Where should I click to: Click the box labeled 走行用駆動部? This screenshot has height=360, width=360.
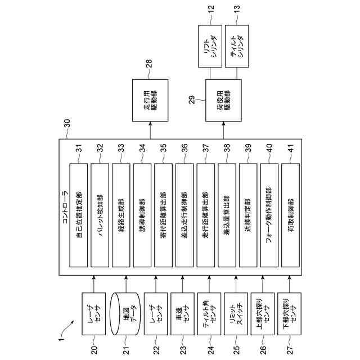pyautogui.click(x=150, y=100)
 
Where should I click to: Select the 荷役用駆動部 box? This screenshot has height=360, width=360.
pyautogui.click(x=223, y=100)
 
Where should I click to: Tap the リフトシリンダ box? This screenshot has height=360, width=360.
pyautogui.click(x=210, y=46)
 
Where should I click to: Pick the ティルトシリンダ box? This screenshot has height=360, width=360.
pyautogui.click(x=237, y=46)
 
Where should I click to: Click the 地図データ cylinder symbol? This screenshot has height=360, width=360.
pyautogui.click(x=125, y=314)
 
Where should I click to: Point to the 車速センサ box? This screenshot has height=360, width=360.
pyautogui.click(x=182, y=314)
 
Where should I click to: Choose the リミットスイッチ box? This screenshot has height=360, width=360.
pyautogui.click(x=236, y=314)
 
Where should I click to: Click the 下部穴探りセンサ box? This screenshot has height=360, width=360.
pyautogui.click(x=289, y=314)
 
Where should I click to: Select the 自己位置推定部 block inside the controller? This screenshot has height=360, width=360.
pyautogui.click(x=79, y=215)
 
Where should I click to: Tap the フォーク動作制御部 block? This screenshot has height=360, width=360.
pyautogui.click(x=269, y=215)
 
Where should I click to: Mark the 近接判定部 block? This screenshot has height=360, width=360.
pyautogui.click(x=248, y=215)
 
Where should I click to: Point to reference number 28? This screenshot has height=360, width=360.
pyautogui.click(x=149, y=64)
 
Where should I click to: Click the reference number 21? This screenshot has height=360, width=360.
pyautogui.click(x=126, y=350)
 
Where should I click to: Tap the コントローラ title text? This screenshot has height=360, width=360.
pyautogui.click(x=65, y=207)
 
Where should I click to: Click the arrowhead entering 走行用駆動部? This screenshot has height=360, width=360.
pyautogui.click(x=150, y=124)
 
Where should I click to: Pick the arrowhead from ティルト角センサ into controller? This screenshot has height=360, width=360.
pyautogui.click(x=209, y=277)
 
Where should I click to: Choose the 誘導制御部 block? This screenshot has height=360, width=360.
pyautogui.click(x=142, y=215)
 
